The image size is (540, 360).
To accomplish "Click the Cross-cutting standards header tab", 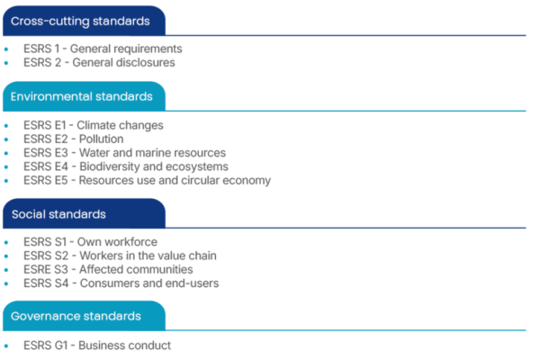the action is point(84,21).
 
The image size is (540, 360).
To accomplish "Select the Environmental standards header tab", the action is point(84,96).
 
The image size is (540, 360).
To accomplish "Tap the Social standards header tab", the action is point(84,213).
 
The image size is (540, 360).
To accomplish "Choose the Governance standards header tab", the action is point(84,316).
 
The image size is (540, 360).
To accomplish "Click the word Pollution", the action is point(101,139).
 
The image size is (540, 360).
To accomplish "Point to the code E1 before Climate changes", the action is point(60,125).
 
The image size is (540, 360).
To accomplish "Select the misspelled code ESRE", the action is point(37,269).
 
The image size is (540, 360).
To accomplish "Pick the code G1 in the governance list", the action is point(60,346).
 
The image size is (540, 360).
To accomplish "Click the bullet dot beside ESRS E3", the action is point(6,153).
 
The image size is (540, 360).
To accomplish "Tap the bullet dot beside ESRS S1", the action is point(6,242).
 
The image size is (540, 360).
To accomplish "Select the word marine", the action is point(154,153).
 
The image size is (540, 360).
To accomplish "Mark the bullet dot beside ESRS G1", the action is point(6,346).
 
